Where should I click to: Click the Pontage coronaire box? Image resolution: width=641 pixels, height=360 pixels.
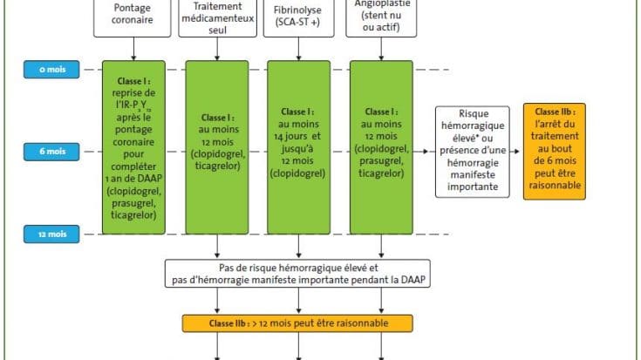click(x=132, y=18)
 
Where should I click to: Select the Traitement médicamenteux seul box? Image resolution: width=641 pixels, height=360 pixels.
click(x=215, y=18)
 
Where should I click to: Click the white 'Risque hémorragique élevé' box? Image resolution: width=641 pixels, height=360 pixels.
click(x=473, y=152)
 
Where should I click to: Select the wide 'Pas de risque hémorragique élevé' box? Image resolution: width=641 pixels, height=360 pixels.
click(x=298, y=273)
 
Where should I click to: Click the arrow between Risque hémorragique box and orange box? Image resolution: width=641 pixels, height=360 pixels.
click(x=515, y=152)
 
